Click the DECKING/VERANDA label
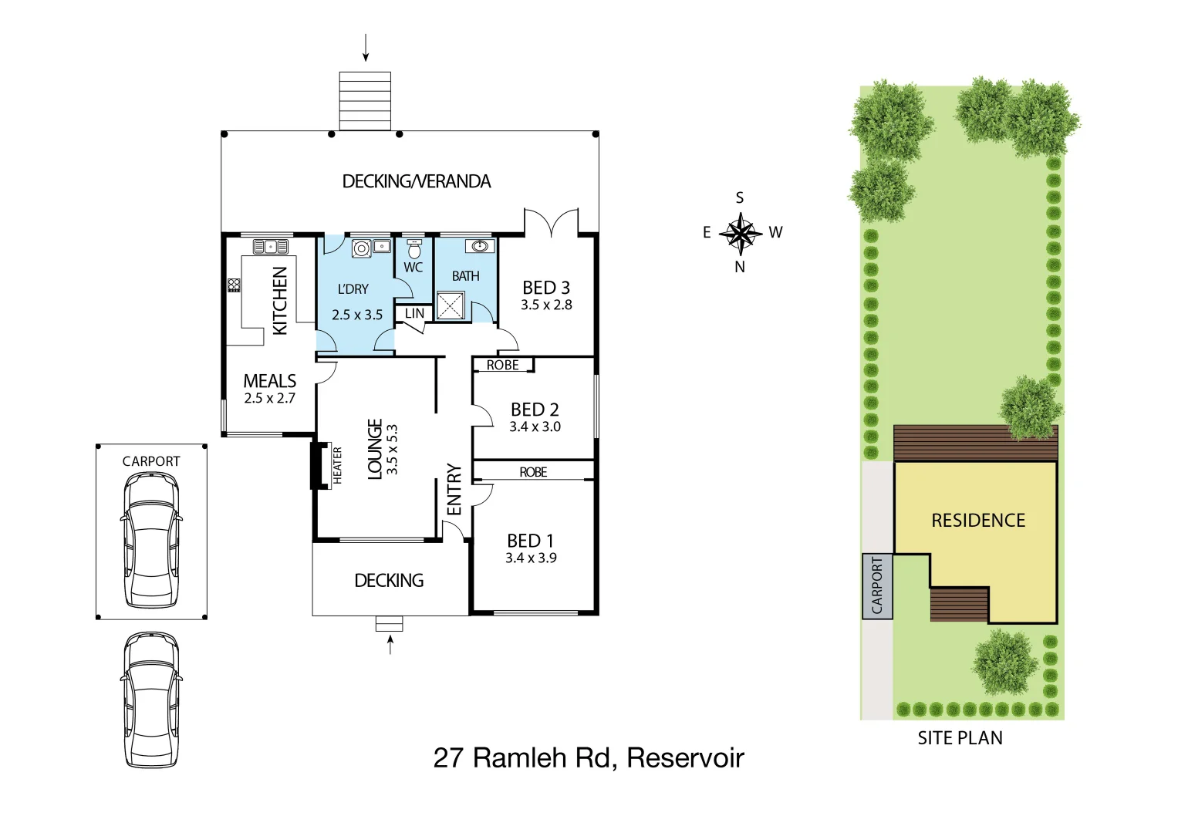416,181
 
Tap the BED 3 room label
546,288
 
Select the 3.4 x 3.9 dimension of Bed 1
531,558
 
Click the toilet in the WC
414,248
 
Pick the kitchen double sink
271,247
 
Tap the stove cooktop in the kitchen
234,285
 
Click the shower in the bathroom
451,305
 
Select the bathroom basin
480,246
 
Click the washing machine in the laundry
361,248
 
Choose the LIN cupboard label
414,313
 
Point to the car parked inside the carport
151,540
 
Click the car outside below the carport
151,700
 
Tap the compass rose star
740,232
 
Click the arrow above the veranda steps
366,48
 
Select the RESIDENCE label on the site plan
978,521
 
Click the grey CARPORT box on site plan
877,586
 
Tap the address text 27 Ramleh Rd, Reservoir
589,758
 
